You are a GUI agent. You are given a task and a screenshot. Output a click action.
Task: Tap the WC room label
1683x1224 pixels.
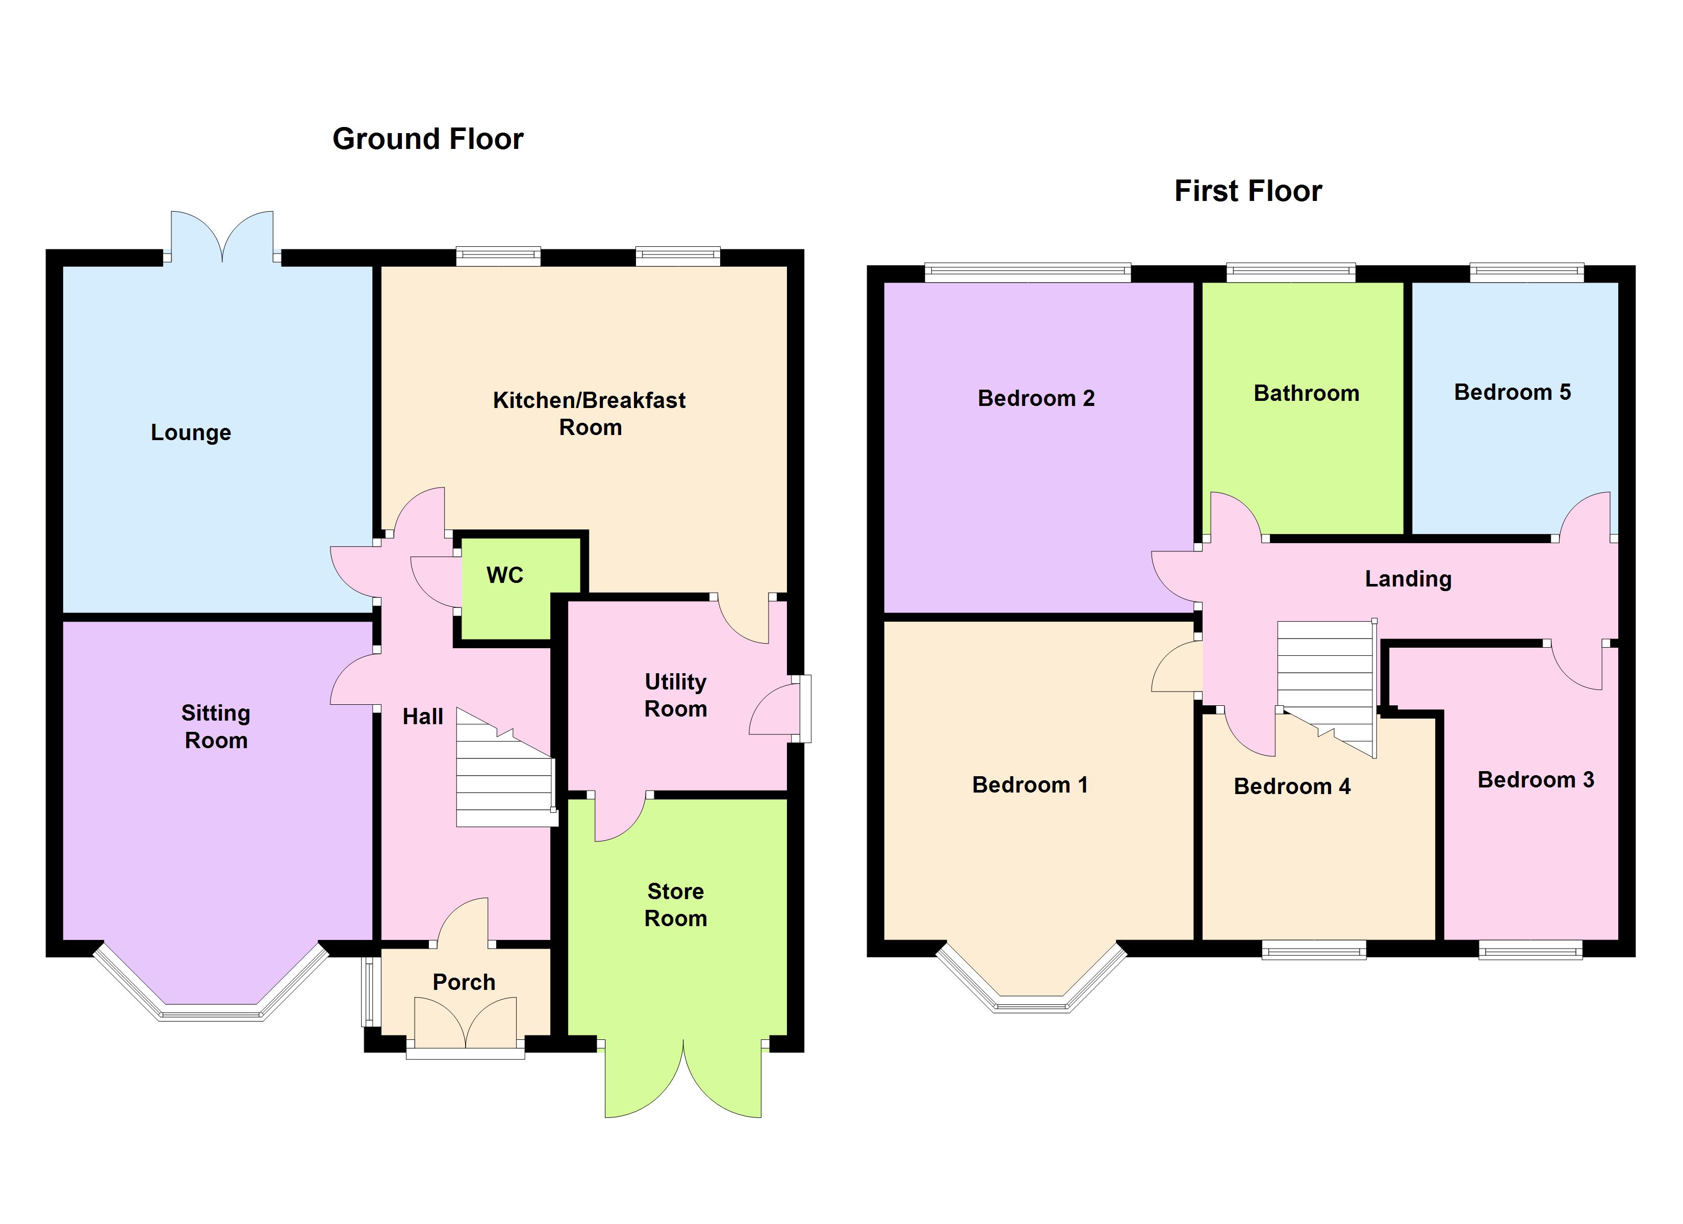click(504, 575)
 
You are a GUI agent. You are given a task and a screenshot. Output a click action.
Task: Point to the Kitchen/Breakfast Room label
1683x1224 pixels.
click(589, 414)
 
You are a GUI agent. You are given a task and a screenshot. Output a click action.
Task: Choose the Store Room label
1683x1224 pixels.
click(675, 904)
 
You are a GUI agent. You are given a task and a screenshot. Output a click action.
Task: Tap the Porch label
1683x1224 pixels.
click(464, 982)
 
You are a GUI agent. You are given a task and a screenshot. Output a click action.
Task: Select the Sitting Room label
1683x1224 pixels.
click(216, 727)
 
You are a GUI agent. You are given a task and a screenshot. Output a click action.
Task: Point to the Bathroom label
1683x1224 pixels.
click(1306, 393)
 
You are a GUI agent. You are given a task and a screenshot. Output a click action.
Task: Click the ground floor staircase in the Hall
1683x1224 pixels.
click(506, 768)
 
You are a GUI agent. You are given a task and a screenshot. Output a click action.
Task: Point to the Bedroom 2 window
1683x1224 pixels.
click(1028, 273)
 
